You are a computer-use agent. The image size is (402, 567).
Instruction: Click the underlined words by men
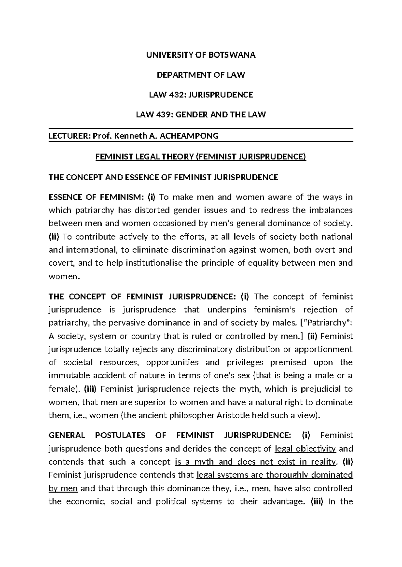(63, 488)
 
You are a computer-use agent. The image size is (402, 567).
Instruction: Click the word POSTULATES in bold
(120, 435)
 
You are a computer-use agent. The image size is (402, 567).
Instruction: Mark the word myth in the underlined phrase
(204, 462)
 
